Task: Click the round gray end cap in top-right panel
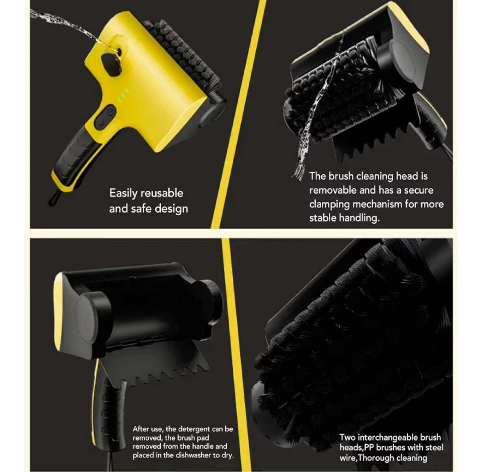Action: pos(403,60)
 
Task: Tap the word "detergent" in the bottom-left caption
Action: pos(195,429)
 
